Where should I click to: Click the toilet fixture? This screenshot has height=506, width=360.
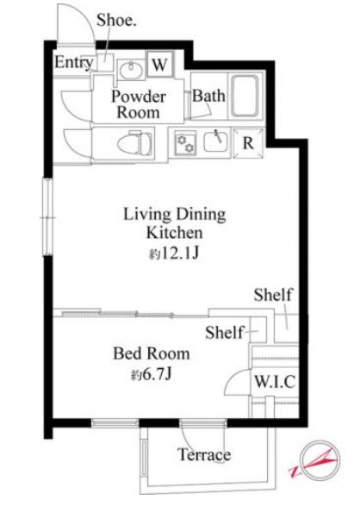coord(135,143)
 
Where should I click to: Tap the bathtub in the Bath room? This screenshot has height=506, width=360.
coord(245,96)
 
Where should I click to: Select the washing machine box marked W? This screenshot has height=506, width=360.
coord(160,64)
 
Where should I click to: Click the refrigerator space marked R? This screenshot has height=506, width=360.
coord(248,143)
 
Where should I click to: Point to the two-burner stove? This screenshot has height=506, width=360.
coord(186,142)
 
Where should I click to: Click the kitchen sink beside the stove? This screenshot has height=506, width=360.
coord(215,141)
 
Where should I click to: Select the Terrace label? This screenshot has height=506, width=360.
coord(204,454)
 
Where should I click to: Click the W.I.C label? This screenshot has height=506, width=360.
coord(275,382)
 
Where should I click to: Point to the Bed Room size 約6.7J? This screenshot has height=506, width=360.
coord(151,374)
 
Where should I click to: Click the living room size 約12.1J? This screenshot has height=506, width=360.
coord(174,253)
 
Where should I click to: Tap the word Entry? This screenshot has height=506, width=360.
coord(74,62)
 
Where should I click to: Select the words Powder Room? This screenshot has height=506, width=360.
coord(139,104)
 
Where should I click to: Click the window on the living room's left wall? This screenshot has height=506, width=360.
coord(47,217)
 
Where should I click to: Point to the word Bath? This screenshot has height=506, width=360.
coord(208,96)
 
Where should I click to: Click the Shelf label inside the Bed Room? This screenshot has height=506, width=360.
coord(224,333)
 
